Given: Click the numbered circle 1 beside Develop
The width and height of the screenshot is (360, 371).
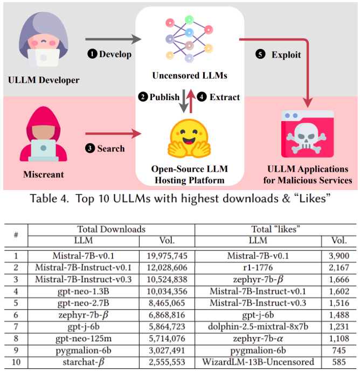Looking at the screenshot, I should coord(92,54).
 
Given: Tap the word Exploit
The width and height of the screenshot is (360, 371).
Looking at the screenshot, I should coord(286,54).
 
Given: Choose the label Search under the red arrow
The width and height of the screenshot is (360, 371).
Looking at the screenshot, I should coord(110,148).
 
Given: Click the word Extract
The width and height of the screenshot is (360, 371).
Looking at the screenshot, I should coord(225,97).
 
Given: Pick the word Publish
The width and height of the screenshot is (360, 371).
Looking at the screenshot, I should coord(165,97).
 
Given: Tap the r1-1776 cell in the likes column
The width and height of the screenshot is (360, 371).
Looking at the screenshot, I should coord(258,267).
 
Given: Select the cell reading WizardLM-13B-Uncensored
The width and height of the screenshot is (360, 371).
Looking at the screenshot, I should coord(258,362).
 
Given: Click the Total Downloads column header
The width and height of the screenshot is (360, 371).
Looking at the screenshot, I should coord(111,229).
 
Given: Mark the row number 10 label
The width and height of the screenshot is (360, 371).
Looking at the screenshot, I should coord(16,362).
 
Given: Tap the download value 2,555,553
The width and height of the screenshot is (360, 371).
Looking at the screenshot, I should coord(167,362).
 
